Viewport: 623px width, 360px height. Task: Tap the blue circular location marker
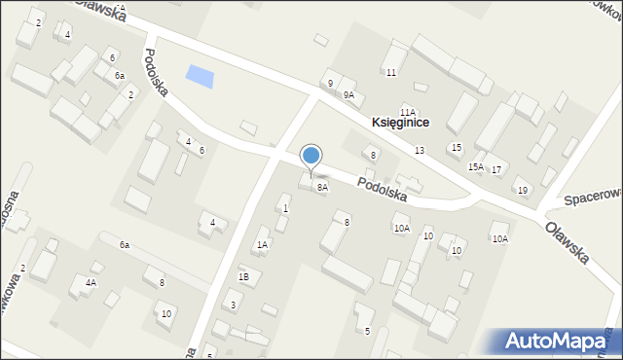coord(311,156)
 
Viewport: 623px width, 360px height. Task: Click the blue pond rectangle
coord(200,75)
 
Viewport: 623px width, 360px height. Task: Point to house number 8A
coord(322,187)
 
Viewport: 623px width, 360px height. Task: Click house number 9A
coord(348,94)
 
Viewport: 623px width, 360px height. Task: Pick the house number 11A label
coord(408,112)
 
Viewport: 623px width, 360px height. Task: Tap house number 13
coord(419,150)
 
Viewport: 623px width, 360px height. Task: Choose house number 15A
coord(476,166)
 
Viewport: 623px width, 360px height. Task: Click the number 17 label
coord(496,169)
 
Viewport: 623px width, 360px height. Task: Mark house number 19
coord(522,190)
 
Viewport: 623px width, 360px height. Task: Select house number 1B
coord(244,276)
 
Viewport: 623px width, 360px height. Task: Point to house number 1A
coord(262,244)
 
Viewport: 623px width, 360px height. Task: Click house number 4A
coord(91,283)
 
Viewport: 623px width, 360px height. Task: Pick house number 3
coord(233,306)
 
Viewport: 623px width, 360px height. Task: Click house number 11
coord(390,73)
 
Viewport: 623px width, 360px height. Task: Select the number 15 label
coord(456,147)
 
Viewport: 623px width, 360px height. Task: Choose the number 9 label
coord(330,83)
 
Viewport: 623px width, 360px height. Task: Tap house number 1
coord(285,208)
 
